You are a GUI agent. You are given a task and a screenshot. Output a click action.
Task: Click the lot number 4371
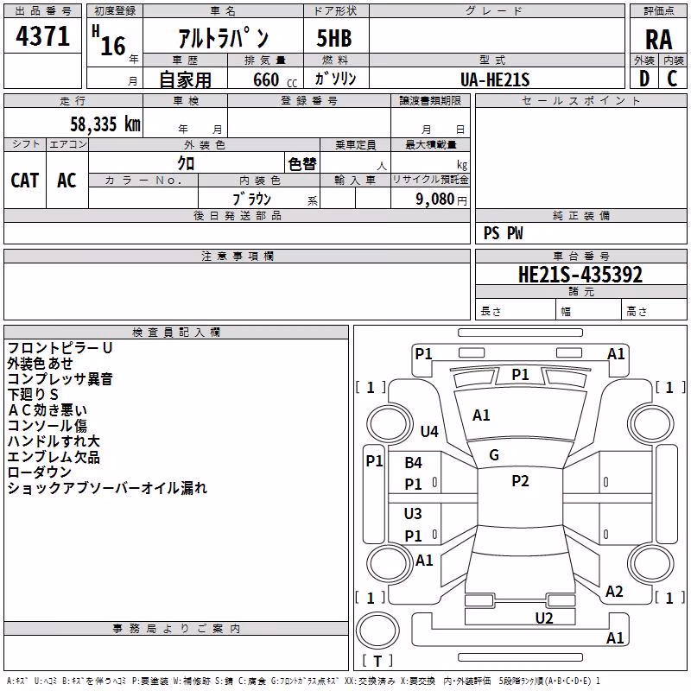[x=42, y=35]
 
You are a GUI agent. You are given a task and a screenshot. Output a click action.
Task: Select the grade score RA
[x=658, y=40]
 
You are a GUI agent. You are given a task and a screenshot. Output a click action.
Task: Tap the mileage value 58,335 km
[x=105, y=124]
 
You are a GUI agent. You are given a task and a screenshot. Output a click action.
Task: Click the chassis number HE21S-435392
[x=580, y=275]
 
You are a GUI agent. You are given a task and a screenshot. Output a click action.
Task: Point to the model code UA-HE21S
[x=495, y=79]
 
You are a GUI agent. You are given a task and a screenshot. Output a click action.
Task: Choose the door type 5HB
[x=334, y=38]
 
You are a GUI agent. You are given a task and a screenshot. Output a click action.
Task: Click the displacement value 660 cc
[x=275, y=79]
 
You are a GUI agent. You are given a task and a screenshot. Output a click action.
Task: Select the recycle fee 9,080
[x=435, y=200]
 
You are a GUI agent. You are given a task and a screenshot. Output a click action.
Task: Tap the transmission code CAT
[x=25, y=181]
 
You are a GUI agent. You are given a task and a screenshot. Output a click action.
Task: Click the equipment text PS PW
[x=503, y=233]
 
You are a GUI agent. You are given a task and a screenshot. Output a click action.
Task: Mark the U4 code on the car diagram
[x=429, y=431]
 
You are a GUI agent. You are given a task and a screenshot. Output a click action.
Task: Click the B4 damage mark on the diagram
[x=414, y=463]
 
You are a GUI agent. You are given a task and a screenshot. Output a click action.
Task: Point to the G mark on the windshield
[x=494, y=455]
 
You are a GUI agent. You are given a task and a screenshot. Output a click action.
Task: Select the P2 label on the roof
[x=520, y=481]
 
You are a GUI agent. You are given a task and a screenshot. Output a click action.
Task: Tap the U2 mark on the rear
[x=544, y=618]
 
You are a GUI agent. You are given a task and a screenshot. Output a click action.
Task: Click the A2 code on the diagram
[x=614, y=592]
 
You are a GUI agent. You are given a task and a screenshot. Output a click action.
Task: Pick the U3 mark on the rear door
[x=413, y=513]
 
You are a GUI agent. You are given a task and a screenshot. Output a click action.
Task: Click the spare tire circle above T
[x=377, y=631]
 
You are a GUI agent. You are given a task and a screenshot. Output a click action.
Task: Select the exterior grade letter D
[x=643, y=79]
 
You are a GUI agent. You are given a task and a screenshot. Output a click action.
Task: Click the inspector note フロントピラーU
[x=60, y=348]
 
